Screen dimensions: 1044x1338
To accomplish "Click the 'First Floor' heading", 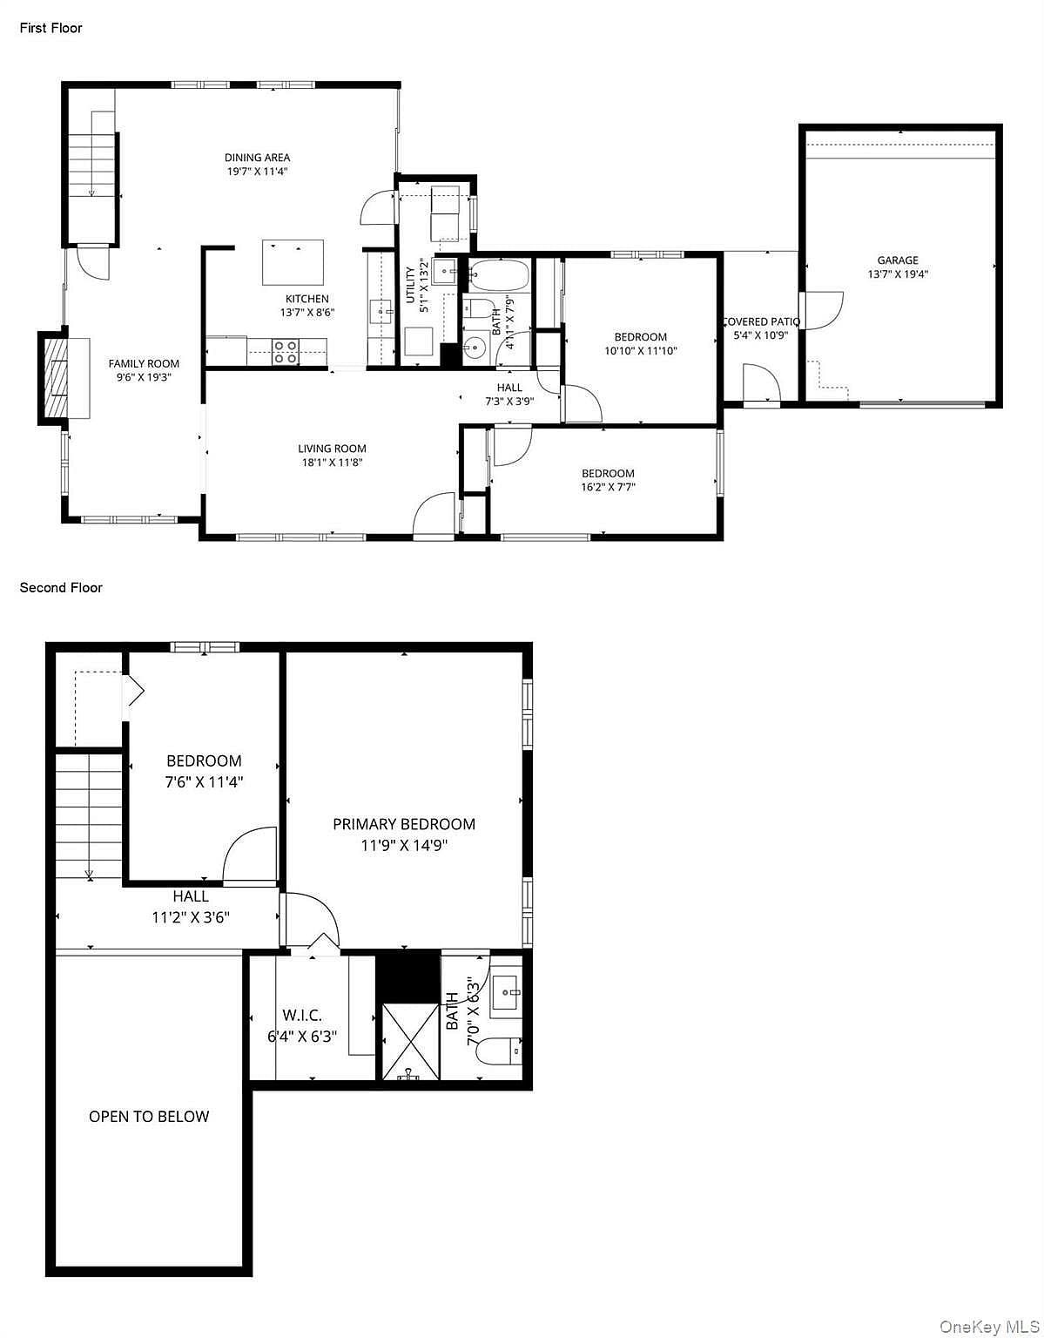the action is click(x=51, y=29).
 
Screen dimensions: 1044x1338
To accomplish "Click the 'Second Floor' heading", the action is click(x=61, y=588).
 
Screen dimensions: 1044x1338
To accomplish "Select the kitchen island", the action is click(x=293, y=262).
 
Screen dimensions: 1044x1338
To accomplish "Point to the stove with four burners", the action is click(x=286, y=352).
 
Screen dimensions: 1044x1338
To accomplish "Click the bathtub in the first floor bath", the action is click(x=499, y=274).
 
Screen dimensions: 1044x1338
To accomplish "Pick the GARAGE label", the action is click(x=899, y=260).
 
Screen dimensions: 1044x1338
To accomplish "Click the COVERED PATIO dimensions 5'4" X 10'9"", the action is click(x=761, y=335).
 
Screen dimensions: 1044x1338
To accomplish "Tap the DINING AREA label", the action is click(x=257, y=158).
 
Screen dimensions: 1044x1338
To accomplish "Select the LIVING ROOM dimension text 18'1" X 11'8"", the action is click(x=333, y=463).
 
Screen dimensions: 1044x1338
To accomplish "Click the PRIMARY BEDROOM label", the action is click(x=404, y=824).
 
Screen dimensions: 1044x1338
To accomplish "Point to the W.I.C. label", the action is click(x=302, y=1015).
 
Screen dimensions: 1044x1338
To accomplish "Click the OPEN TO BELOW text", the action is click(x=149, y=1117).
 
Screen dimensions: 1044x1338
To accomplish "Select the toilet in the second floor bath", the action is click(x=501, y=1051).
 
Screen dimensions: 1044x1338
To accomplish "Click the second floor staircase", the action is click(x=89, y=815).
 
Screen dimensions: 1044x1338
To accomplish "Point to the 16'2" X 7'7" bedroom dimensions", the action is click(x=609, y=487).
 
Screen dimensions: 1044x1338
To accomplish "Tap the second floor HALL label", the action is click(x=191, y=896).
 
